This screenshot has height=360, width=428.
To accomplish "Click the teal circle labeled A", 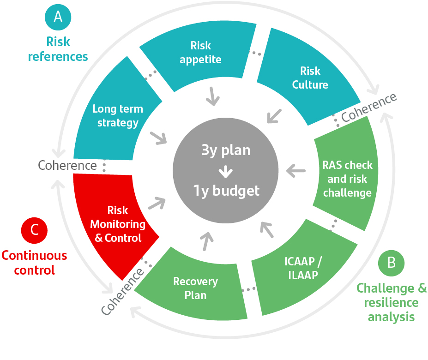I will pyautogui.click(x=58, y=17).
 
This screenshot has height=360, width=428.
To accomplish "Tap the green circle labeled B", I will pyautogui.click(x=391, y=263).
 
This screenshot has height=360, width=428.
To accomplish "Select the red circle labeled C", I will pyautogui.click(x=35, y=229).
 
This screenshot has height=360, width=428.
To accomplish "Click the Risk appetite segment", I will pyautogui.click(x=200, y=53).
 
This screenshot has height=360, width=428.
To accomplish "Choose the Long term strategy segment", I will pyautogui.click(x=118, y=116).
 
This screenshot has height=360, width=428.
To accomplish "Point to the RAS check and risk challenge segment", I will pyautogui.click(x=347, y=179).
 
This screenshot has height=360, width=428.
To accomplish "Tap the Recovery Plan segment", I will pyautogui.click(x=195, y=288).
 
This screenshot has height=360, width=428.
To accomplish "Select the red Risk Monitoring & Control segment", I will pyautogui.click(x=117, y=224).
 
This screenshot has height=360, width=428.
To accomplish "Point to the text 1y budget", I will pyautogui.click(x=226, y=190).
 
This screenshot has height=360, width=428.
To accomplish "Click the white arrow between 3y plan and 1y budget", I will pyautogui.click(x=226, y=171).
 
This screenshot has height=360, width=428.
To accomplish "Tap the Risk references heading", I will pyautogui.click(x=58, y=49).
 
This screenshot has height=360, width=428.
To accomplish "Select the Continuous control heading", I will pyautogui.click(x=34, y=262).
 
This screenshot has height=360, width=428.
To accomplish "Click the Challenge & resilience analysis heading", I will pyautogui.click(x=392, y=303).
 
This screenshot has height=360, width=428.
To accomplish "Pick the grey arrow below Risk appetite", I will pyautogui.click(x=213, y=96).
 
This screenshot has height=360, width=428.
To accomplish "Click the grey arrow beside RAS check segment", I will pyautogui.click(x=295, y=171).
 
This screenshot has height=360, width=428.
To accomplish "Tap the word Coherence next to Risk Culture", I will pyautogui.click(x=369, y=107).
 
